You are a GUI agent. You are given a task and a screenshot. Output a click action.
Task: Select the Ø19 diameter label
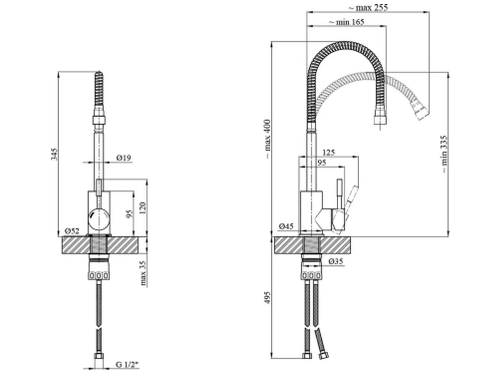[124, 157]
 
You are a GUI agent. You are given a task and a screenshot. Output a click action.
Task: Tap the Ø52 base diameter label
[72, 230]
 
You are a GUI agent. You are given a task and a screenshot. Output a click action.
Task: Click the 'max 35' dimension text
[144, 273]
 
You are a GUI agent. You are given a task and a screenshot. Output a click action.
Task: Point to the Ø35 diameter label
[335, 262]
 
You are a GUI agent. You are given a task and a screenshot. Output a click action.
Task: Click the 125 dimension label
[328, 153]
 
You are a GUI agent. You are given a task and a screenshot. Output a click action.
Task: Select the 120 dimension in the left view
[143, 207]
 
